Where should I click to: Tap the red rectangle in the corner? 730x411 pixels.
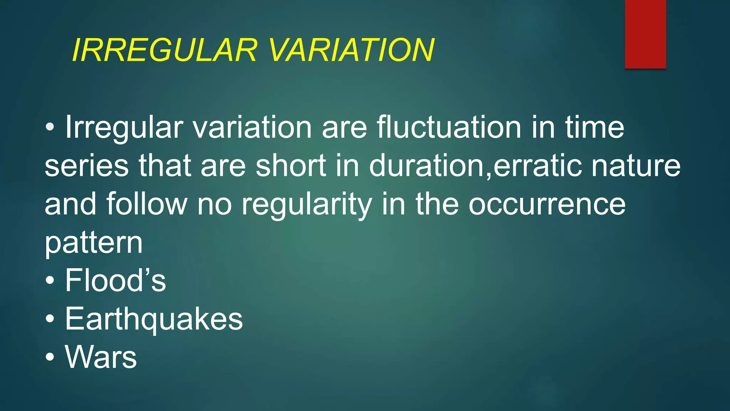pos(645,34)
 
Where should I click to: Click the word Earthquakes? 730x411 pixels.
pos(154,319)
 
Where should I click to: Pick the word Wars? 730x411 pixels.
pos(101,357)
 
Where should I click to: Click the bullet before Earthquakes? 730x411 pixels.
pos(50,319)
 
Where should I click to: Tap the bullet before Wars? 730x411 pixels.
pos(50,357)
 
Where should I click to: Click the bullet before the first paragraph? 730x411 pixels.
pos(50,127)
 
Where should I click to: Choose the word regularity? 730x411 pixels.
pos(307,205)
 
